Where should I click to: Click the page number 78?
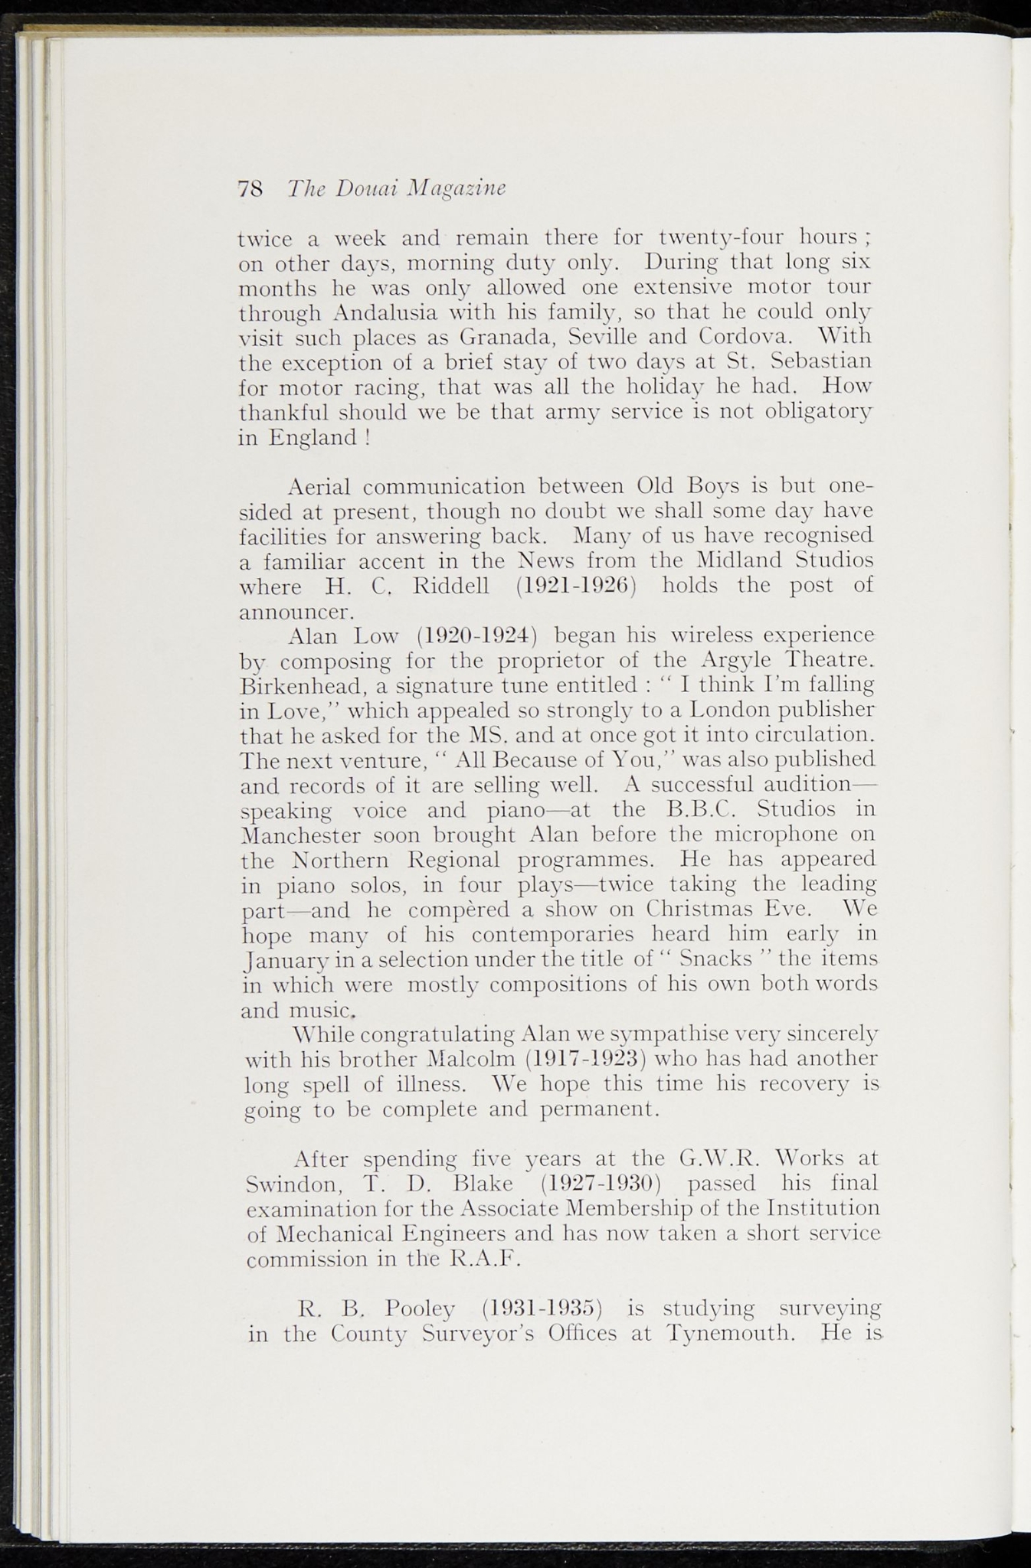click(x=251, y=188)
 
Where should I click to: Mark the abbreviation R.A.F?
click(x=483, y=1259)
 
